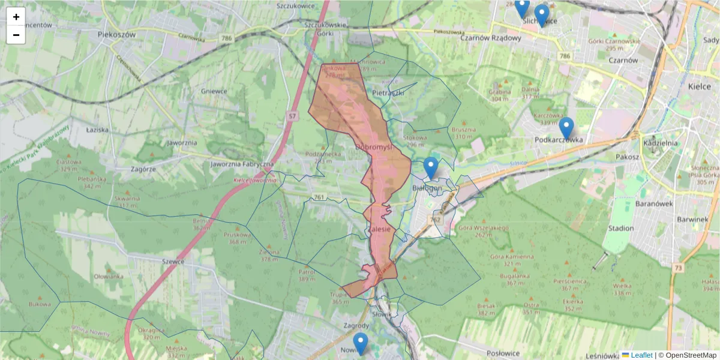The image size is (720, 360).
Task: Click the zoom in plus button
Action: click(16, 17)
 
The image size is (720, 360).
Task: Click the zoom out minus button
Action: click(16, 35)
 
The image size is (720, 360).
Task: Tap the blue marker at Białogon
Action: click(431, 169)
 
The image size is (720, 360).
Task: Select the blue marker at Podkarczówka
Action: click(566, 128)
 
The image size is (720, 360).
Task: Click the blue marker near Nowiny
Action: click(360, 344)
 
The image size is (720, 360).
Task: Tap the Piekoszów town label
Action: click(116, 35)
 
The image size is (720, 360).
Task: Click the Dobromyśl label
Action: click(373, 146)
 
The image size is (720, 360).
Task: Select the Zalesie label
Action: click(379, 229)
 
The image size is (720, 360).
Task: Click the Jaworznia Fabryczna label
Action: click(242, 164)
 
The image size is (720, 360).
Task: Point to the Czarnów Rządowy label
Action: click(490, 37)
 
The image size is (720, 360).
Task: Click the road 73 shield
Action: click(678, 268)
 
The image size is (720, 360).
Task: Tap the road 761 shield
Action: click(319, 197)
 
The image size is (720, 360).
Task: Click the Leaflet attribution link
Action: click(641, 355)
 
